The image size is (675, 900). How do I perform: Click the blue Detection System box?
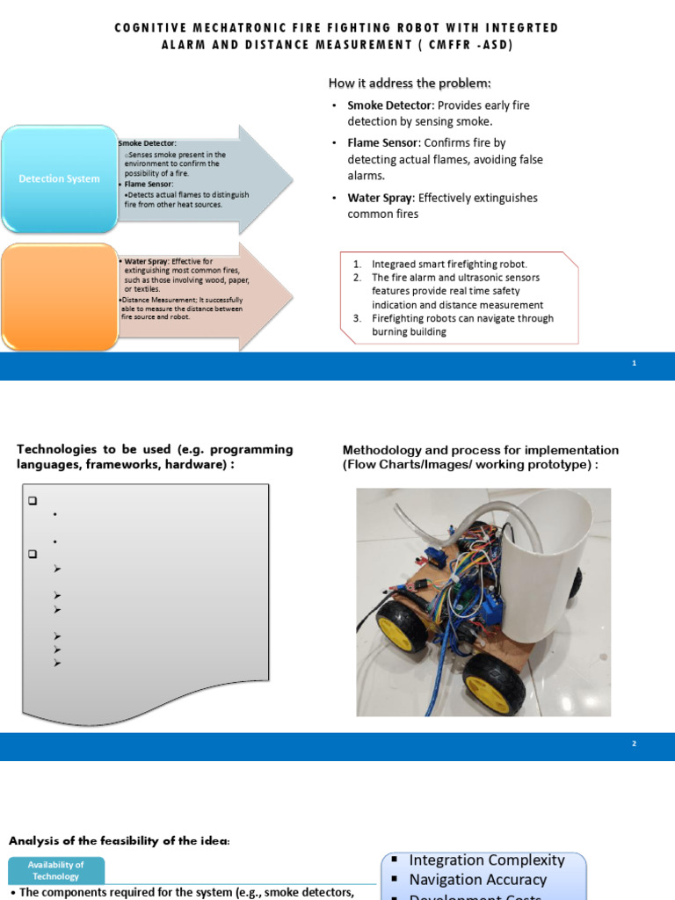click(x=60, y=179)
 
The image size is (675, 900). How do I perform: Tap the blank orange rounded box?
click(x=60, y=297)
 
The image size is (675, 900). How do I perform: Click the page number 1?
click(x=635, y=364)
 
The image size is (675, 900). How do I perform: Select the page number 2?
click(x=635, y=744)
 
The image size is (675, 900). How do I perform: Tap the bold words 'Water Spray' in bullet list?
click(x=377, y=198)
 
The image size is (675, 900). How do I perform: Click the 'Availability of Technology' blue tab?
click(x=56, y=870)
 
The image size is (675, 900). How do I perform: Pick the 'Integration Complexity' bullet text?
click(x=487, y=860)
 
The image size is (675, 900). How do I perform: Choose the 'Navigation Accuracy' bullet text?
click(x=477, y=880)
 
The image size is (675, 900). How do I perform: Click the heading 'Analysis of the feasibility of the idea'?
click(x=120, y=841)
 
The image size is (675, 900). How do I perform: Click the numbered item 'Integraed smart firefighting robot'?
click(x=449, y=264)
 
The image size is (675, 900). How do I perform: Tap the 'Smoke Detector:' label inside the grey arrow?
click(x=147, y=142)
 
